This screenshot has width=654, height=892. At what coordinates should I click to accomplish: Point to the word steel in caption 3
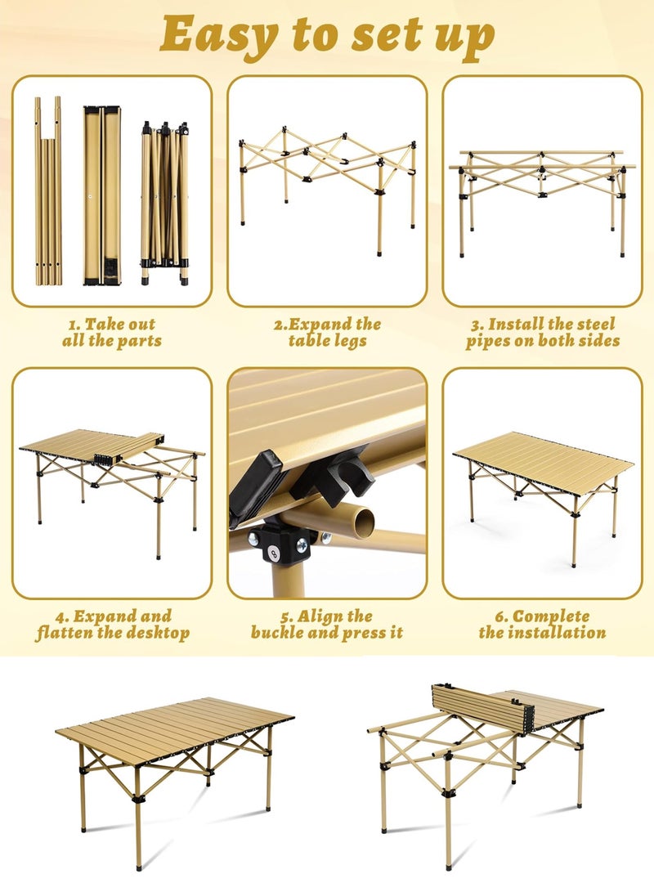(x=589, y=324)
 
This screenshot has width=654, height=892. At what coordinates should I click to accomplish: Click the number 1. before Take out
(x=74, y=325)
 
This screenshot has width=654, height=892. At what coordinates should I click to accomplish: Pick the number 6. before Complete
(x=501, y=616)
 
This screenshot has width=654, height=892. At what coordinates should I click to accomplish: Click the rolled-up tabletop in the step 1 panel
(x=102, y=195)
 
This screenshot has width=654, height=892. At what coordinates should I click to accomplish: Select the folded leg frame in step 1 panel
(x=165, y=203)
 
